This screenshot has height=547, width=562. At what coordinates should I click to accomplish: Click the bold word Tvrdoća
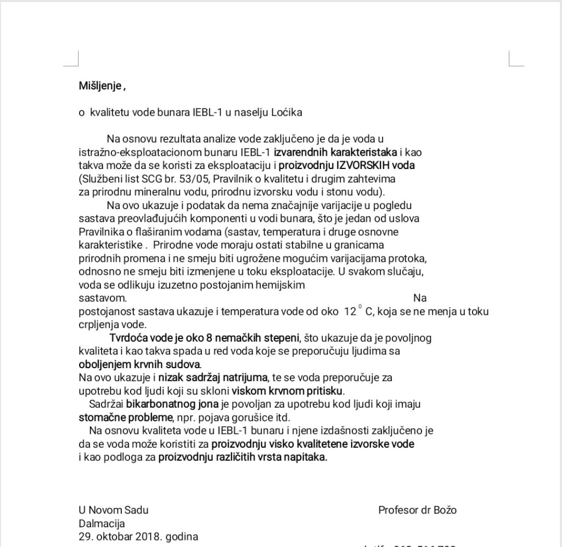point(128,338)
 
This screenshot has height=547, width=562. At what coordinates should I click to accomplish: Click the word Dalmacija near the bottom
point(102,523)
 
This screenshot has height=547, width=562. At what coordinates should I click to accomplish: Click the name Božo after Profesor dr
point(444,510)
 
